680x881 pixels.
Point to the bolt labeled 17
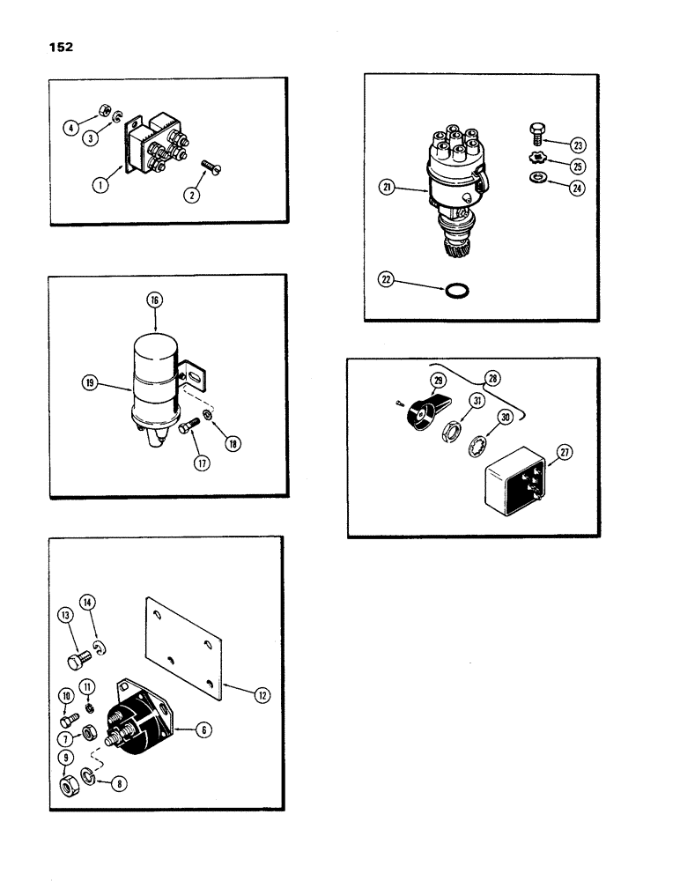click(186, 429)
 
